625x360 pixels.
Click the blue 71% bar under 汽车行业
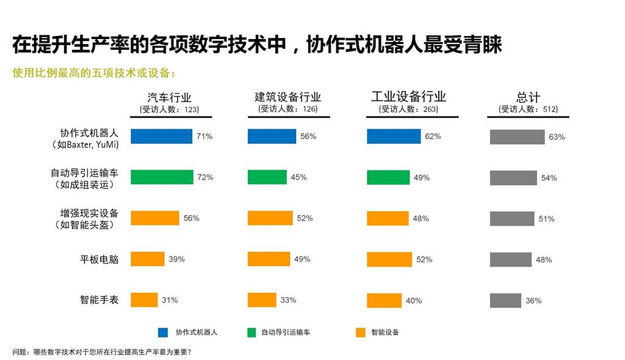[x=161, y=137]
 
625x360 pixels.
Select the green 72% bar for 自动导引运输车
[x=162, y=177]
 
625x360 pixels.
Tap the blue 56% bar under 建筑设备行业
[x=272, y=137]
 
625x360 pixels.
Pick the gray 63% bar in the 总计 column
[x=517, y=137]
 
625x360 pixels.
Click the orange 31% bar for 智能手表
[x=144, y=300]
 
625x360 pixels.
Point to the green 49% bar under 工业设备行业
[x=388, y=177]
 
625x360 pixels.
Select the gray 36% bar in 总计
[x=505, y=300]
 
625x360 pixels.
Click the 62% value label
[x=433, y=137]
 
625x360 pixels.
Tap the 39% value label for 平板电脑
[x=176, y=259]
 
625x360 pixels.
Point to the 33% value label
[x=288, y=300]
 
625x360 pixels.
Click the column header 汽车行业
[x=170, y=98]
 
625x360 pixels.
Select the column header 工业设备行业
[x=408, y=97]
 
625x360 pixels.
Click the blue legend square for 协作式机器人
[x=163, y=333]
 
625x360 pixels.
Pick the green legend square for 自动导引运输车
[x=251, y=333]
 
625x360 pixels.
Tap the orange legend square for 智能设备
[x=361, y=333]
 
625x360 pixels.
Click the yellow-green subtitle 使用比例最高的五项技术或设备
[x=95, y=73]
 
